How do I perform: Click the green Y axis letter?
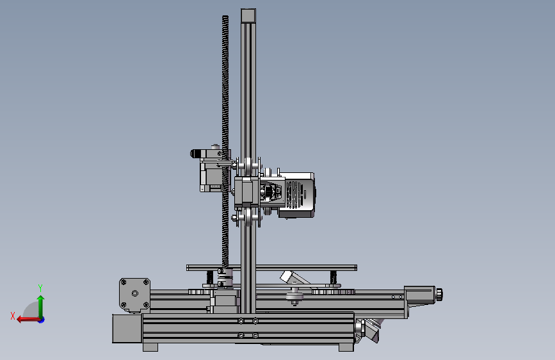pyautogui.click(x=40, y=288)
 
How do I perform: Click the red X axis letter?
pyautogui.click(x=13, y=316)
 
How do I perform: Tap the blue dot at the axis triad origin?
pyautogui.click(x=42, y=320)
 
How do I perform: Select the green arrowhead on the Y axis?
pyautogui.click(x=41, y=299)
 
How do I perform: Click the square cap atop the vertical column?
pyautogui.click(x=248, y=16)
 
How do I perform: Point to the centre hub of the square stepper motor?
pyautogui.click(x=135, y=293)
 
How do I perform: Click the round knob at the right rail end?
pyautogui.click(x=439, y=295)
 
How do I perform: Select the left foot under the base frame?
pyautogui.click(x=150, y=347)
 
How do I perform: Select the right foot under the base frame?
pyautogui.click(x=346, y=347)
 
